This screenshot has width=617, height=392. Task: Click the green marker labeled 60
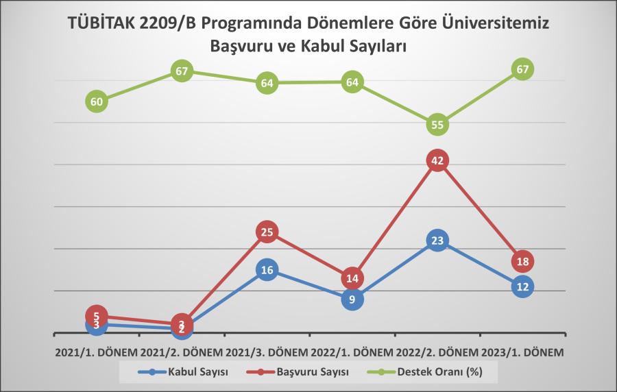(97, 101)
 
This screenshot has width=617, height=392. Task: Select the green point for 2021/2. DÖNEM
(182, 71)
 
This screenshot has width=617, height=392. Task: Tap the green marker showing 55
(437, 125)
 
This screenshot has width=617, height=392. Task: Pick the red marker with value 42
(437, 161)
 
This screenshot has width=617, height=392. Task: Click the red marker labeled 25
(267, 232)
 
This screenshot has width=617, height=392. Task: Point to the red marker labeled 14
(352, 278)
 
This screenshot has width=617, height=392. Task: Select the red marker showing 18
(522, 261)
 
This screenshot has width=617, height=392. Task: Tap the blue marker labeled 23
(437, 241)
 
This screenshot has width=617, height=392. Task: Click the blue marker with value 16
(267, 270)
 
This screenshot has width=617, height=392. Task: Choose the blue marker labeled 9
(352, 299)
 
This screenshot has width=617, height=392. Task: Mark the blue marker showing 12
(522, 286)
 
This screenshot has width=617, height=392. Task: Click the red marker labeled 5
(97, 316)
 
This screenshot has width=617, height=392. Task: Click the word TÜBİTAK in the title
(107, 23)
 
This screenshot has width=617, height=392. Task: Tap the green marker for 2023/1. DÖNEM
(522, 69)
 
